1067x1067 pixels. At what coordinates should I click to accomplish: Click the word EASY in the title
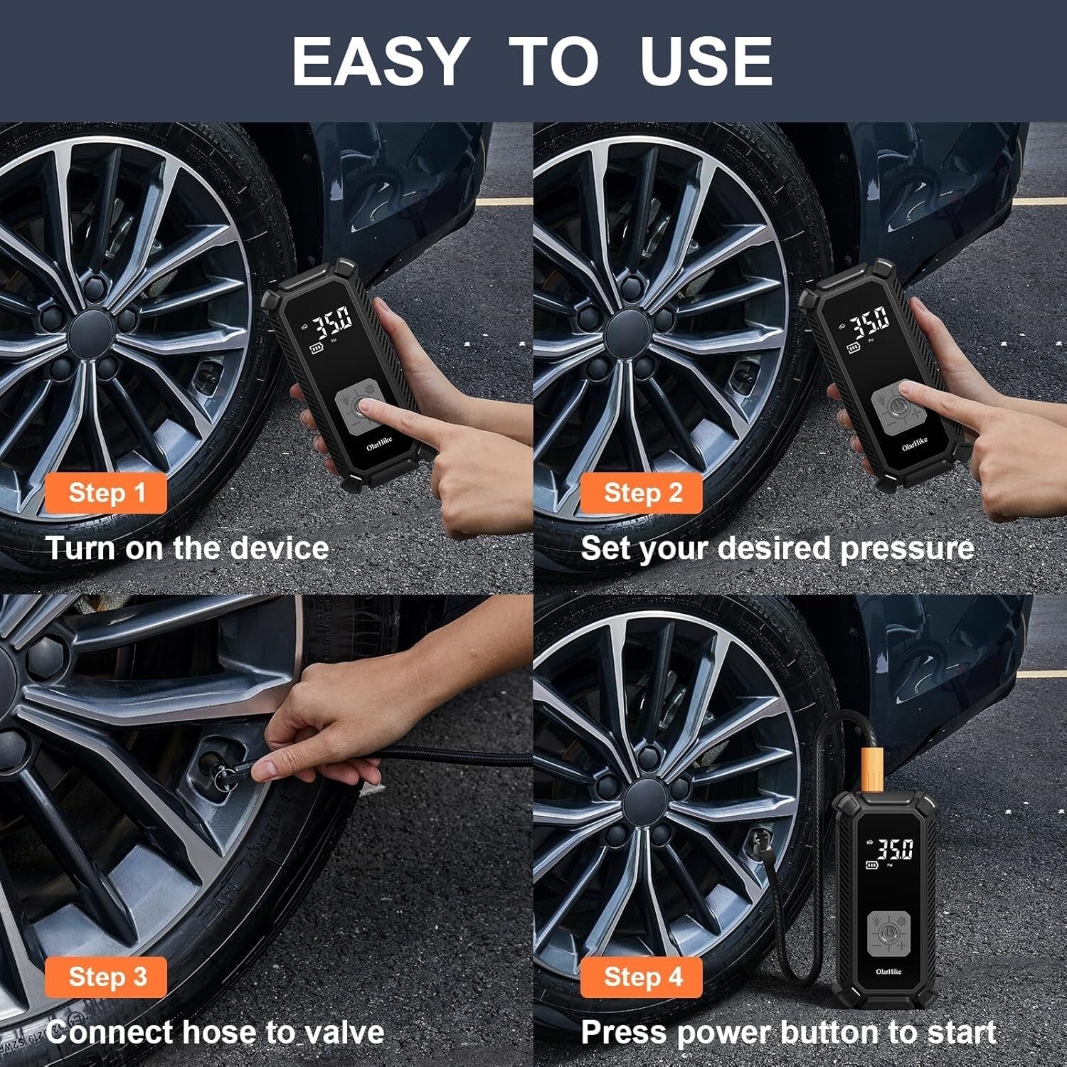(378, 61)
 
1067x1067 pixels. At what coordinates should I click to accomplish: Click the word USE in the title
(705, 61)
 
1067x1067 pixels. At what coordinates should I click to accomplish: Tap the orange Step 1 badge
(107, 493)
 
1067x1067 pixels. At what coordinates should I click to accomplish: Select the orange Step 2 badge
(642, 493)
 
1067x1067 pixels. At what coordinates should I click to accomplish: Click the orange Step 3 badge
(107, 977)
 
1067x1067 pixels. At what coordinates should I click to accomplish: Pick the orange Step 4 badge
(642, 977)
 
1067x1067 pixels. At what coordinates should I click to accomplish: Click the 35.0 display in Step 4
(893, 849)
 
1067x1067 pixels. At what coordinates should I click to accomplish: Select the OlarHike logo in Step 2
(914, 445)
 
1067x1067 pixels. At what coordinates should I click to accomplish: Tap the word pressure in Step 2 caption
(906, 548)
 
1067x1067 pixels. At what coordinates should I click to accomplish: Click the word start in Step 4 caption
(960, 1032)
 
